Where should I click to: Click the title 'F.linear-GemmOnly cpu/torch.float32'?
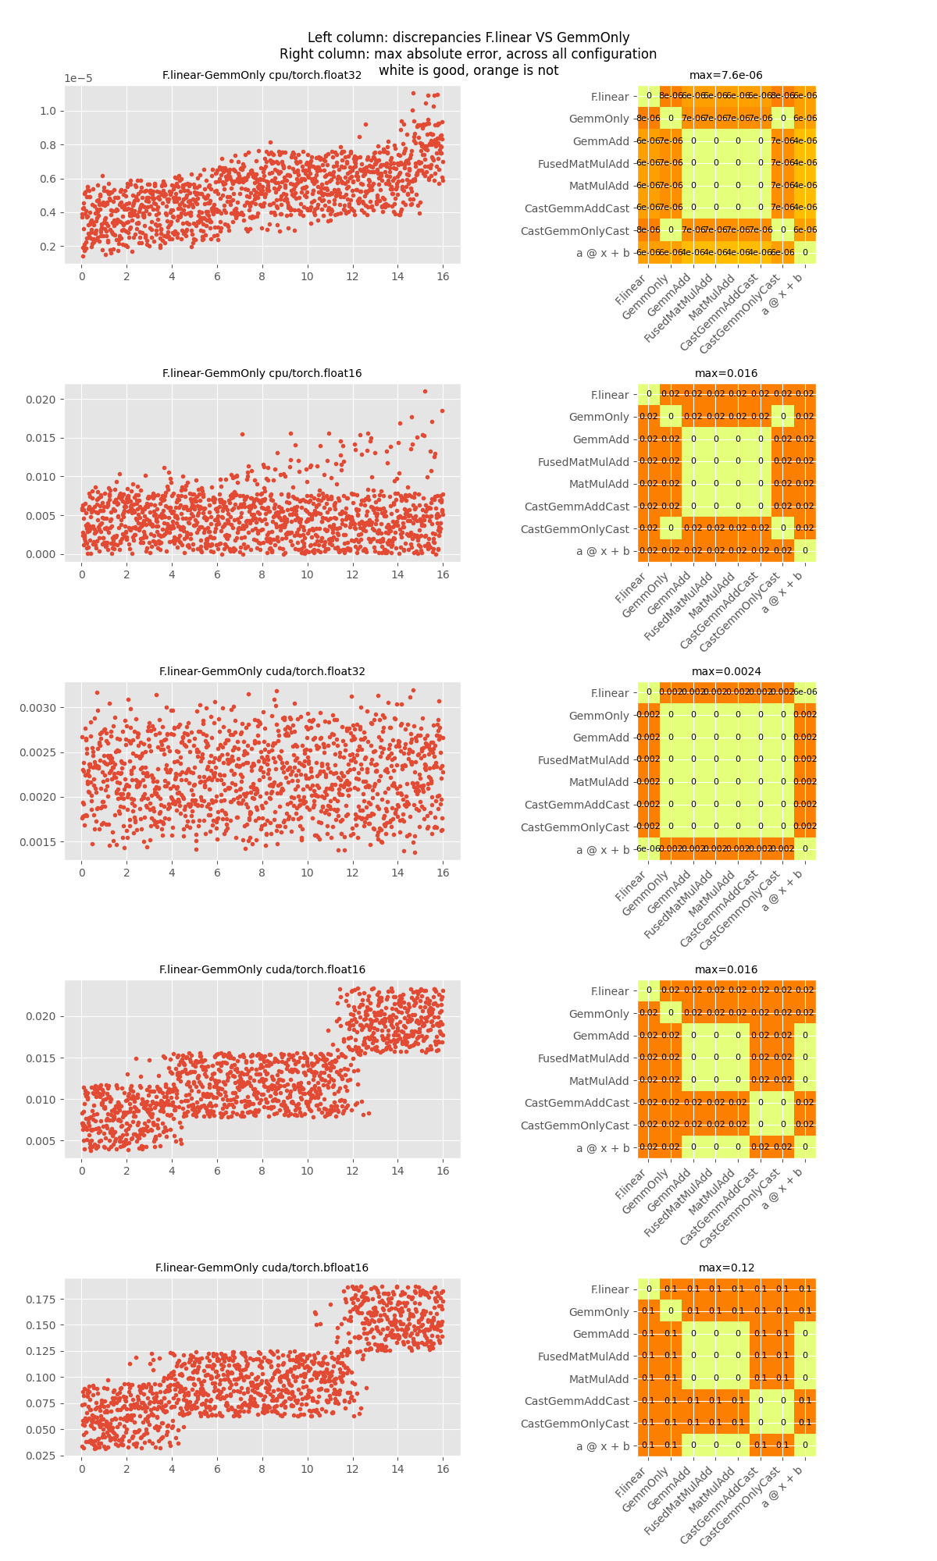(262, 76)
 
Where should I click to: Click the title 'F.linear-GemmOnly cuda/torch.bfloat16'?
(262, 1268)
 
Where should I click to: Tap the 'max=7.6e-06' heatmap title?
(725, 76)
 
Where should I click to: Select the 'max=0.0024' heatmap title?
(725, 672)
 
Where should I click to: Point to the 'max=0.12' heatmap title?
(725, 1268)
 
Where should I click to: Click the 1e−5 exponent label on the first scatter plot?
(78, 79)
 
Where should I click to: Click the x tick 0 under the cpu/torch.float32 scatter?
(82, 277)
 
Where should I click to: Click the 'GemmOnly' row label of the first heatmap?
(599, 119)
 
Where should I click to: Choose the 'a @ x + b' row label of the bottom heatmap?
(602, 1446)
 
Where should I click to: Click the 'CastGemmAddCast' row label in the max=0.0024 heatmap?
(576, 805)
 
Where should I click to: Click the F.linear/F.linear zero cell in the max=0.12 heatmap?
(649, 1289)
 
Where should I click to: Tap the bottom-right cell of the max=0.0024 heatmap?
(805, 849)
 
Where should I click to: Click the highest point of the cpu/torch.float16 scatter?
(425, 391)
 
